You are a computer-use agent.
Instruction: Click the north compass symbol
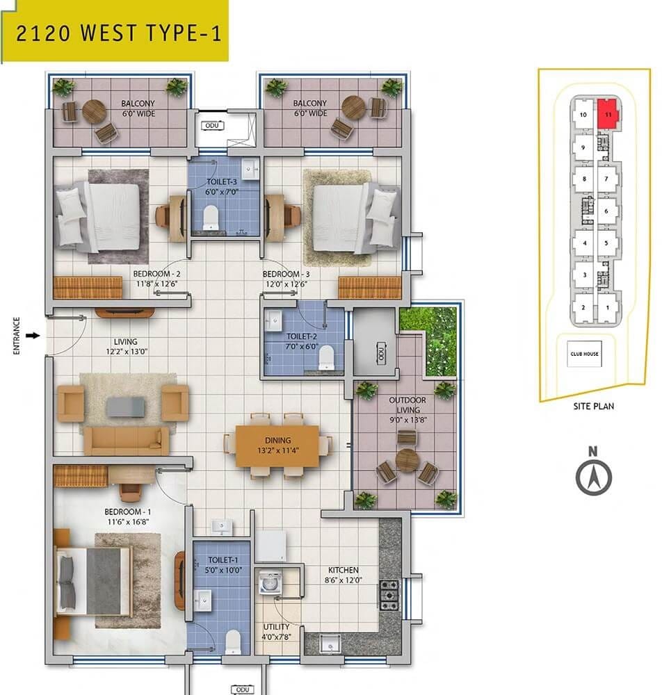593,477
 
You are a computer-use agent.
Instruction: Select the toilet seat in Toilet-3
211,220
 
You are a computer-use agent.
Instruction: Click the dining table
277,445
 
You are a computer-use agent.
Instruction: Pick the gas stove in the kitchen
389,592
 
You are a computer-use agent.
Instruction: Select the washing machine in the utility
270,582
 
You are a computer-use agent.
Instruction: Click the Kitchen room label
343,570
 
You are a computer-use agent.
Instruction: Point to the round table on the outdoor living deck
407,460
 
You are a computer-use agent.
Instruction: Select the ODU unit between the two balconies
211,126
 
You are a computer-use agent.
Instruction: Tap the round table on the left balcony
93,111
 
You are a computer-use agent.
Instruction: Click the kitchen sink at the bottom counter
325,645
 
